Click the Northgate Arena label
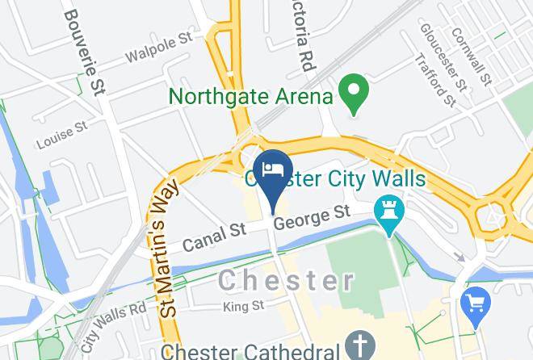tap(251, 97)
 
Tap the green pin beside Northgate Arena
tap(353, 94)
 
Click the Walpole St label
tap(159, 48)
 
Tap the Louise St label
tap(61, 136)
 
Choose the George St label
tap(312, 218)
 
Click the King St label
tap(244, 306)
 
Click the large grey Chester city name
tap(287, 280)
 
